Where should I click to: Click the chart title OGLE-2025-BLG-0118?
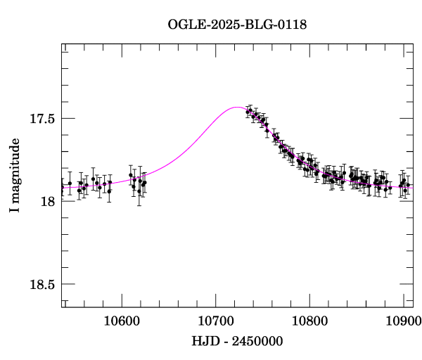pyautogui.click(x=237, y=24)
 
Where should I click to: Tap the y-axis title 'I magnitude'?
pyautogui.click(x=14, y=176)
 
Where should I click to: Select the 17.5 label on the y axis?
pyautogui.click(x=41, y=119)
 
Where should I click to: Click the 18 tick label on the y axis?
pyautogui.click(x=48, y=202)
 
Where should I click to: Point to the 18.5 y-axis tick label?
pyautogui.click(x=41, y=285)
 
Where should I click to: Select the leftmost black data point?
pyautogui.click(x=62, y=187)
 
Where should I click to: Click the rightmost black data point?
pyautogui.click(x=409, y=185)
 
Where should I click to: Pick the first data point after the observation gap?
pyautogui.click(x=248, y=111)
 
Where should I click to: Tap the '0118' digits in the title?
pyautogui.click(x=293, y=24)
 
